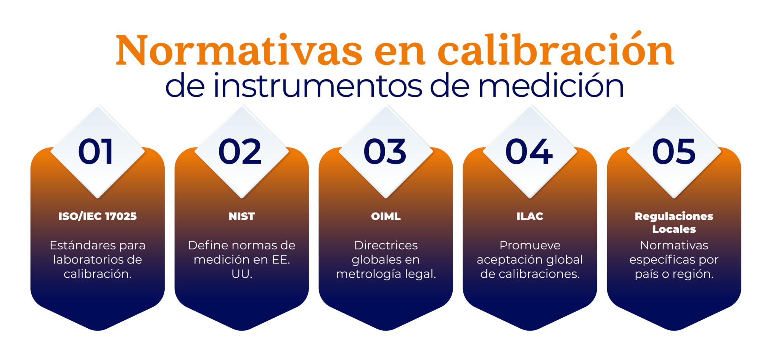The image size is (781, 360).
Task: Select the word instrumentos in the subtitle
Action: tap(318, 86)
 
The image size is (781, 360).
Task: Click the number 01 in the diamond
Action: tap(96, 152)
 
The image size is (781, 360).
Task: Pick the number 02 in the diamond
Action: tap(240, 152)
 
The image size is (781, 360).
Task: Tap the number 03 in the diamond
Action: tap(385, 152)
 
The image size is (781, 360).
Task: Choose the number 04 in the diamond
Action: tap(529, 152)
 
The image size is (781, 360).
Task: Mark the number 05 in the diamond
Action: tap(674, 152)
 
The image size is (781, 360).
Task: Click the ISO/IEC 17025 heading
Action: tap(98, 216)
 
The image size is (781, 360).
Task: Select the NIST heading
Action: tap(242, 216)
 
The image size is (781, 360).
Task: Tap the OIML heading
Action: tap(386, 216)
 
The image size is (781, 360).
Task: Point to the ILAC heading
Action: tap(530, 216)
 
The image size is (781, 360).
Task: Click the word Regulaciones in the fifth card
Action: tap(674, 216)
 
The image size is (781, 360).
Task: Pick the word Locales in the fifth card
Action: tap(674, 229)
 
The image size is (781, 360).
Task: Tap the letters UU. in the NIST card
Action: tap(242, 274)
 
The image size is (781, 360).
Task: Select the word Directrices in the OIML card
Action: tap(386, 245)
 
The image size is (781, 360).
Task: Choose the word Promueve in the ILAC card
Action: tap(530, 245)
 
